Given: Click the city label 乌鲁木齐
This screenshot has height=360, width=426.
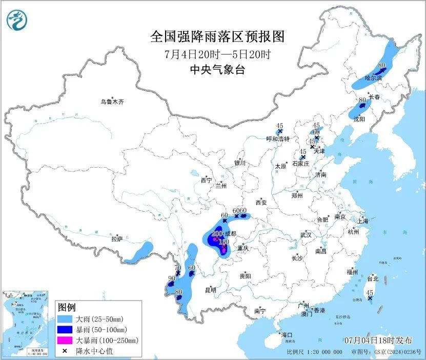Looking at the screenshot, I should tap(112, 102).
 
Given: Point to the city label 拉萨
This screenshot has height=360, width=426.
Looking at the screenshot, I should tap(117, 238).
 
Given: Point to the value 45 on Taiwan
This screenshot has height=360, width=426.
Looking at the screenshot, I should tap(370, 292).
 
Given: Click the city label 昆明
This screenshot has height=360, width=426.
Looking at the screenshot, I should tap(211, 290).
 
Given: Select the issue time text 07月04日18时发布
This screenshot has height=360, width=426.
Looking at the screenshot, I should tap(378, 340).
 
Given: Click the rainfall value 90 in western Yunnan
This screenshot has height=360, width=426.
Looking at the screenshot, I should tap(171, 278).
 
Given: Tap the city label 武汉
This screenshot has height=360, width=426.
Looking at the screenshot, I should tap(306, 235).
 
